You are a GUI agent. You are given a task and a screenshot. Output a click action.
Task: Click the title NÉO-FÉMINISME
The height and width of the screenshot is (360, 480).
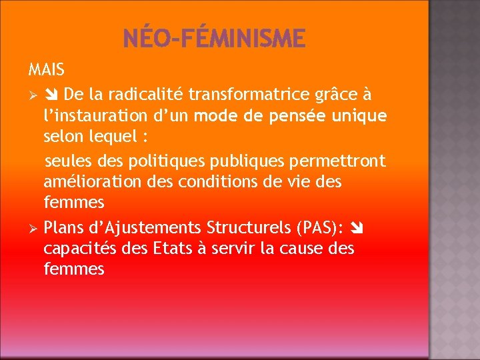[x=214, y=38]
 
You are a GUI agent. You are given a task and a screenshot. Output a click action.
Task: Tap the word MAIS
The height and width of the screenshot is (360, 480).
[x=46, y=69]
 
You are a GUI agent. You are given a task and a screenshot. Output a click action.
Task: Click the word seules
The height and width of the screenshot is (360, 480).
[x=65, y=161]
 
